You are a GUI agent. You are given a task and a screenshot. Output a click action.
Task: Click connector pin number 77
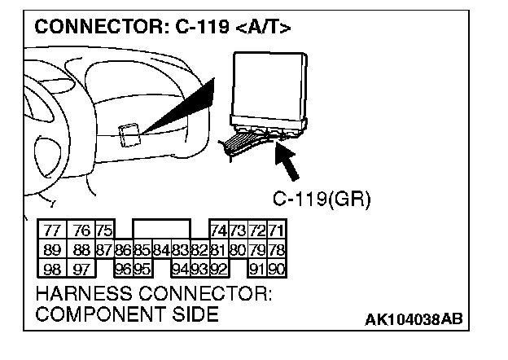point(53,230)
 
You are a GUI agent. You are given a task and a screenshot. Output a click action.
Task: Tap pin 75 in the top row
point(104,230)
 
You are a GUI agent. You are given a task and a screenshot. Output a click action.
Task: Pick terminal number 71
point(277,230)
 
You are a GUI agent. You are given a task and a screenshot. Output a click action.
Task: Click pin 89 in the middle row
point(53,249)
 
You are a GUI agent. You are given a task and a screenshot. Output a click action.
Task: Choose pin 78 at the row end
point(277,249)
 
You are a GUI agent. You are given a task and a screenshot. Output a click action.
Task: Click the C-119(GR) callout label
point(321,198)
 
